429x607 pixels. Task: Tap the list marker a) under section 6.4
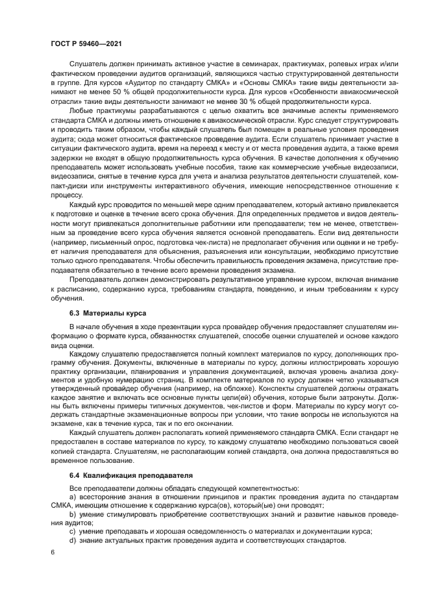[x=73, y=497]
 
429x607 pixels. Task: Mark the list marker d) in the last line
[x=73, y=539]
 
